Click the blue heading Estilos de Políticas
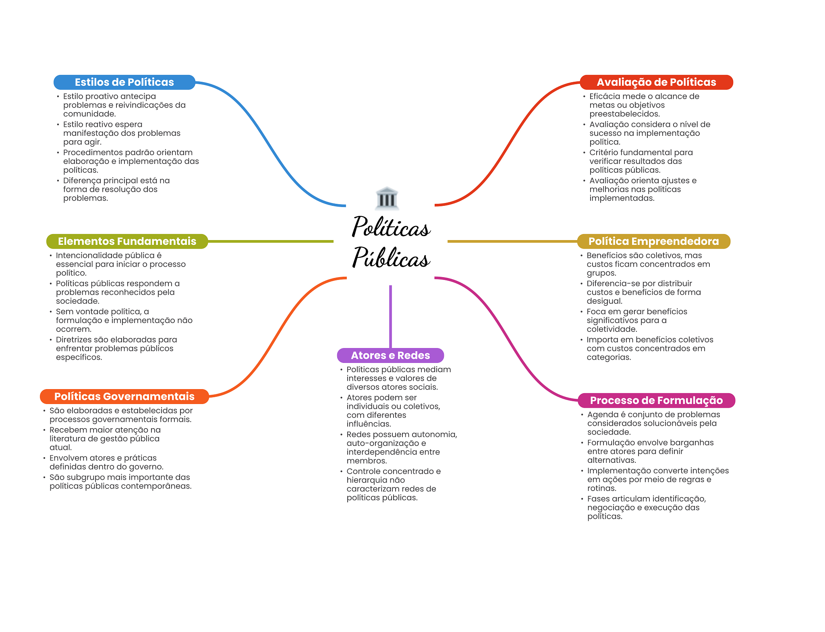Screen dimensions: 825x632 coord(124,82)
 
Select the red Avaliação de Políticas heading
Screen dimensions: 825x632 coord(656,82)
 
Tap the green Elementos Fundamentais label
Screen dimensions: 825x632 coord(127,241)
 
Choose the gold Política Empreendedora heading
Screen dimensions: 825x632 coord(653,241)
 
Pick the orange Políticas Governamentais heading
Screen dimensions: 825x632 coord(124,396)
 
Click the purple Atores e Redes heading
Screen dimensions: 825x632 coord(390,355)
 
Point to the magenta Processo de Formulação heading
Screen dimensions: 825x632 coord(656,400)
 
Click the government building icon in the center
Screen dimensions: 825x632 coord(387,198)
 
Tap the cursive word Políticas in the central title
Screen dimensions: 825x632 coord(391,226)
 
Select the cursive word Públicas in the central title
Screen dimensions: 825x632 coord(391,257)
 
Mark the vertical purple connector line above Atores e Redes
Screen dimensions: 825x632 coord(390,317)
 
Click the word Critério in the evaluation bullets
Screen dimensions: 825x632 coord(603,152)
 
